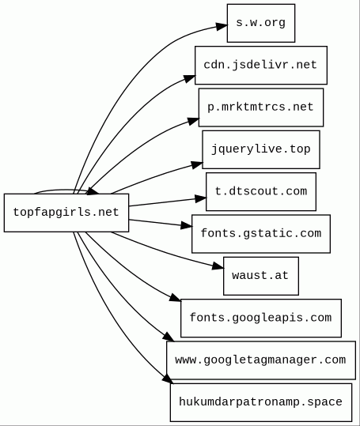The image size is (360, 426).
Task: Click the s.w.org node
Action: [x=261, y=23]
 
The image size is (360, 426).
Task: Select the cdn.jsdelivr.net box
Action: [x=261, y=65]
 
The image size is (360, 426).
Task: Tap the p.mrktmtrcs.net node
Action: [x=261, y=107]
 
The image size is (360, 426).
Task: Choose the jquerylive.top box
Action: [x=261, y=149]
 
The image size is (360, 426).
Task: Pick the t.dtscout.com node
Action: [x=261, y=191]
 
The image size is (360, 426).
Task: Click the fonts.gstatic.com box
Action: [x=261, y=234]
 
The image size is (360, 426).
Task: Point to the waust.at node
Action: [x=261, y=276]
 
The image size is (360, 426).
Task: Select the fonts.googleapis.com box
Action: [x=261, y=319]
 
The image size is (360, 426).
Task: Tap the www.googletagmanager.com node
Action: [x=261, y=360]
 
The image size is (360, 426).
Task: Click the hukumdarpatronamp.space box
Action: [x=261, y=402]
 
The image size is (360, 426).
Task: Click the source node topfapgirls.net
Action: [x=66, y=213]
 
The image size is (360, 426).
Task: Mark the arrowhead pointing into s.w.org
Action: [x=222, y=26]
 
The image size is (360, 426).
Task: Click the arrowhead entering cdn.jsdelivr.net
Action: [x=190, y=78]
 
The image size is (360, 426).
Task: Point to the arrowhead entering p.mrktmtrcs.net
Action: [x=193, y=121]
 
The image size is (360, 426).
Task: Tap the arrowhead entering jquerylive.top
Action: [x=197, y=164]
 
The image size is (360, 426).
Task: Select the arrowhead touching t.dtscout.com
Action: [x=201, y=198]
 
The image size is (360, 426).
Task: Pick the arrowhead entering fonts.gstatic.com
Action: [x=187, y=225]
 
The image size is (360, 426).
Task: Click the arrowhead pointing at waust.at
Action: [x=218, y=266]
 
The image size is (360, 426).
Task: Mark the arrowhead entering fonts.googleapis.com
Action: [x=176, y=298]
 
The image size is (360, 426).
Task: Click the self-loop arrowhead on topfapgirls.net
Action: [x=93, y=191]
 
